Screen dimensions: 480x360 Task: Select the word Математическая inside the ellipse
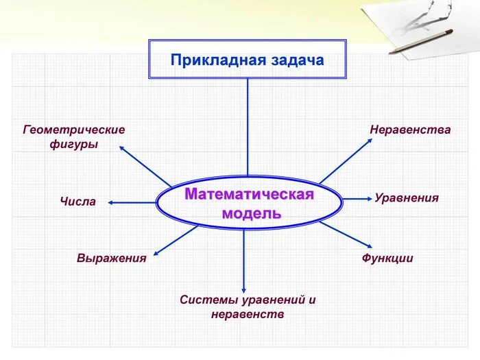[249, 195]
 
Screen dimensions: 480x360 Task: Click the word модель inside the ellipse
[252, 213]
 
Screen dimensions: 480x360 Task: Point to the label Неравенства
[410, 130]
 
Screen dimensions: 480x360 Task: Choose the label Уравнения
[407, 198]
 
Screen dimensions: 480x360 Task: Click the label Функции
[387, 259]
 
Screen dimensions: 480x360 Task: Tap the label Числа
[78, 202]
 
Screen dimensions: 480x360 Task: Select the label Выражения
[112, 259]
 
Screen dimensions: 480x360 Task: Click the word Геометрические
[74, 130]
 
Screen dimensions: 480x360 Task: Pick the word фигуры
[74, 145]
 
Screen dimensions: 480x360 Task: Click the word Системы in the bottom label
[206, 300]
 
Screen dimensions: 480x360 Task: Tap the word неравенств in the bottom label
[248, 315]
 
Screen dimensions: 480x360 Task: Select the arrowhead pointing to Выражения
[155, 252]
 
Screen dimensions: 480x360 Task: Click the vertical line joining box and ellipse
[248, 127]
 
